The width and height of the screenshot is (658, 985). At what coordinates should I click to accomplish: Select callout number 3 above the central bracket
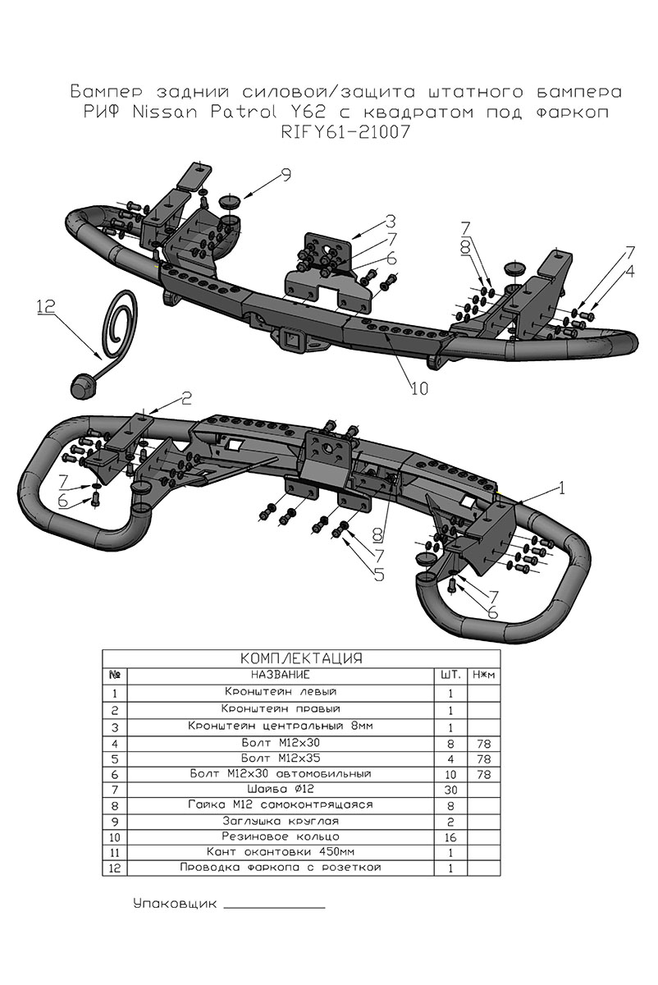click(x=391, y=221)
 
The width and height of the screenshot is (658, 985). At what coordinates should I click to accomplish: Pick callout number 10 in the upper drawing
click(x=419, y=389)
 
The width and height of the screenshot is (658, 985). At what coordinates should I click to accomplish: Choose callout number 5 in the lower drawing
click(x=379, y=574)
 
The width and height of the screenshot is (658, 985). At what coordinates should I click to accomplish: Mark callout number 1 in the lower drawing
click(x=561, y=488)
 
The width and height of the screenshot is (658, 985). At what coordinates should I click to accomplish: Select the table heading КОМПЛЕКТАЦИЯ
click(x=301, y=658)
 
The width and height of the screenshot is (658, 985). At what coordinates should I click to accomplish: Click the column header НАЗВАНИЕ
click(x=280, y=675)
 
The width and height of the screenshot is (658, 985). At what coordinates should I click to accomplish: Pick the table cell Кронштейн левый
click(x=280, y=692)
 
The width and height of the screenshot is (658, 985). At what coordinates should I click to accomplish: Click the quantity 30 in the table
click(x=450, y=789)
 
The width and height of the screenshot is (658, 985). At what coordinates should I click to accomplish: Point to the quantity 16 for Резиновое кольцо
click(x=450, y=836)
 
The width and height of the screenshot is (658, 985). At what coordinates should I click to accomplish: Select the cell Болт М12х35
click(x=280, y=757)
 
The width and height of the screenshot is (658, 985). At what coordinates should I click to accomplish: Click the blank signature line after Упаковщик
click(x=274, y=906)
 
